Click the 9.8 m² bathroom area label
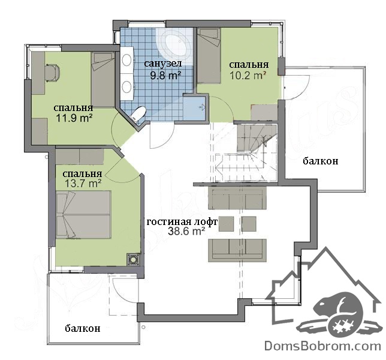tap(165, 75)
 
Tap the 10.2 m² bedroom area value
tap(248, 75)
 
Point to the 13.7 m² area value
tap(83, 184)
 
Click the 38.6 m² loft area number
tap(186, 232)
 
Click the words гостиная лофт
tap(182, 222)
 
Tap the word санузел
tap(163, 64)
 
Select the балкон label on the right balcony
tap(320, 161)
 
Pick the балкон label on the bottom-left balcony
tap(83, 328)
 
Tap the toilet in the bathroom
tap(138, 113)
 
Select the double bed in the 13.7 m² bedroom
tap(83, 215)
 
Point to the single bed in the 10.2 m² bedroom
tap(209, 55)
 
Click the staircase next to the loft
tap(246, 153)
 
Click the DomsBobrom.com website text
tap(323, 346)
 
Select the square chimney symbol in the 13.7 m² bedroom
tap(133, 259)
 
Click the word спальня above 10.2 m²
tap(249, 65)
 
